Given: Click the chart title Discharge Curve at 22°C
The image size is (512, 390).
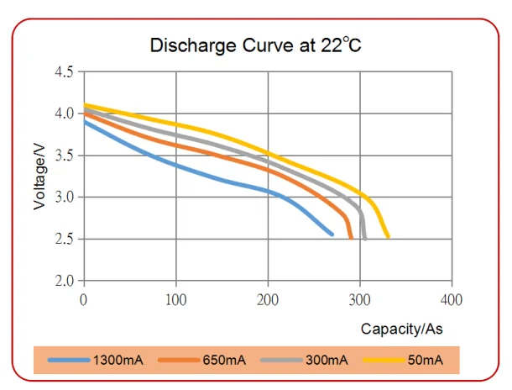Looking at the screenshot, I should [255, 45].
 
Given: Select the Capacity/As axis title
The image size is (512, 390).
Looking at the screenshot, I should [401, 329].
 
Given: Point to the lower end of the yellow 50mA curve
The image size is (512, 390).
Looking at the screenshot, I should [387, 237].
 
